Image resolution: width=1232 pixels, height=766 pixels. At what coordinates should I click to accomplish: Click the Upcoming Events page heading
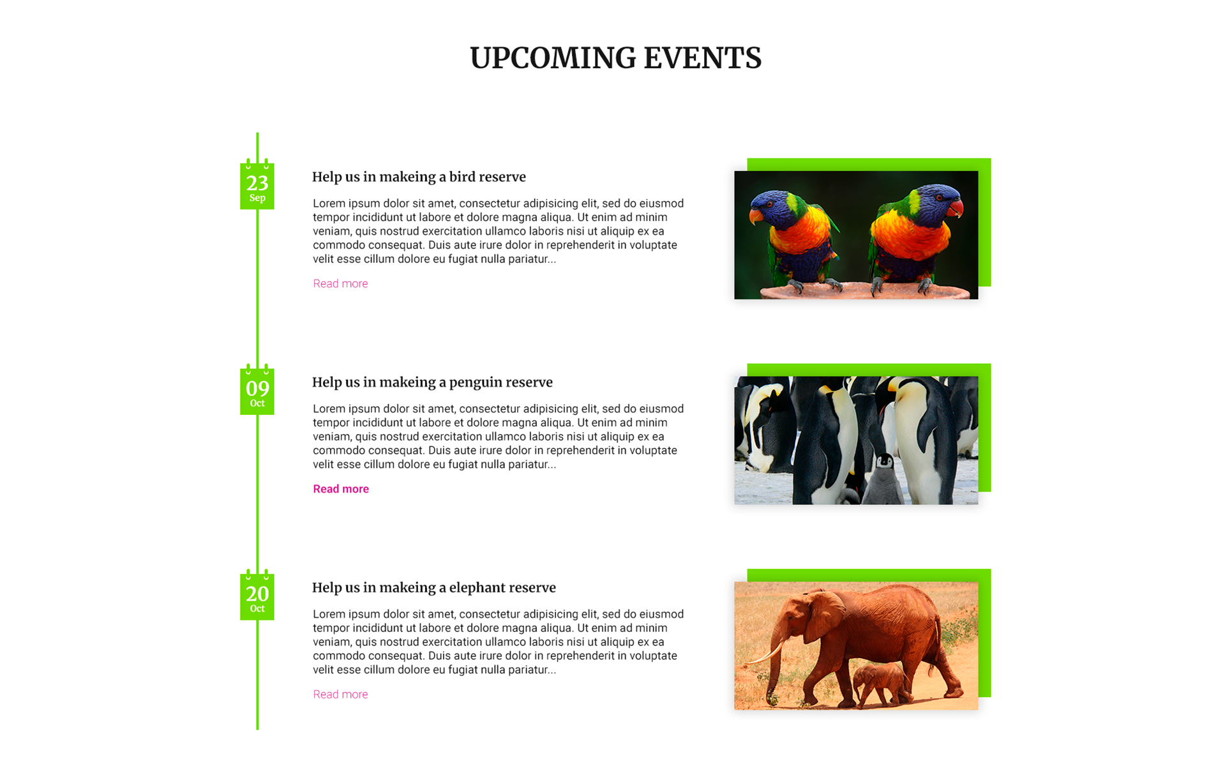(615, 58)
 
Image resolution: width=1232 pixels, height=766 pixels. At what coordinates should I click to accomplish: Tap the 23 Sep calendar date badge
(257, 185)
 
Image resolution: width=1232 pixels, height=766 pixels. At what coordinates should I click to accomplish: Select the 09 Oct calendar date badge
(257, 391)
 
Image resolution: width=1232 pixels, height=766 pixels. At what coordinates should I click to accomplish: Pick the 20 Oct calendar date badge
(257, 596)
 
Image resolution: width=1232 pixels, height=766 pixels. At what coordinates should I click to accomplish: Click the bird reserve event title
(419, 177)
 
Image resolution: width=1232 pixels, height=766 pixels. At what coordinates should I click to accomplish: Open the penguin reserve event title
(432, 382)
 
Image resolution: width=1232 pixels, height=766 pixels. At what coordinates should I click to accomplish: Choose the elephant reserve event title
(434, 588)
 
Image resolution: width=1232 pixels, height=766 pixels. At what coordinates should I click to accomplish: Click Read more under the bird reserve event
(340, 283)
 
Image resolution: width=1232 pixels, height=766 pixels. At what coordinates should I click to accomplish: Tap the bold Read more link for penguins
(341, 489)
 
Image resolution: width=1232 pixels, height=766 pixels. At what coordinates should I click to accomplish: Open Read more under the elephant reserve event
(340, 695)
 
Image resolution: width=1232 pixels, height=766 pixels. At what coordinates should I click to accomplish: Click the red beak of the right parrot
(955, 209)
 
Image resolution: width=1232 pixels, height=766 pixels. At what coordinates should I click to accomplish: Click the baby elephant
(882, 684)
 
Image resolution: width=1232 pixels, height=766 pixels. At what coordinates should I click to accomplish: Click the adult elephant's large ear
(825, 617)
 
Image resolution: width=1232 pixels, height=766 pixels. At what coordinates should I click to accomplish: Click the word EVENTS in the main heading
(702, 58)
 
